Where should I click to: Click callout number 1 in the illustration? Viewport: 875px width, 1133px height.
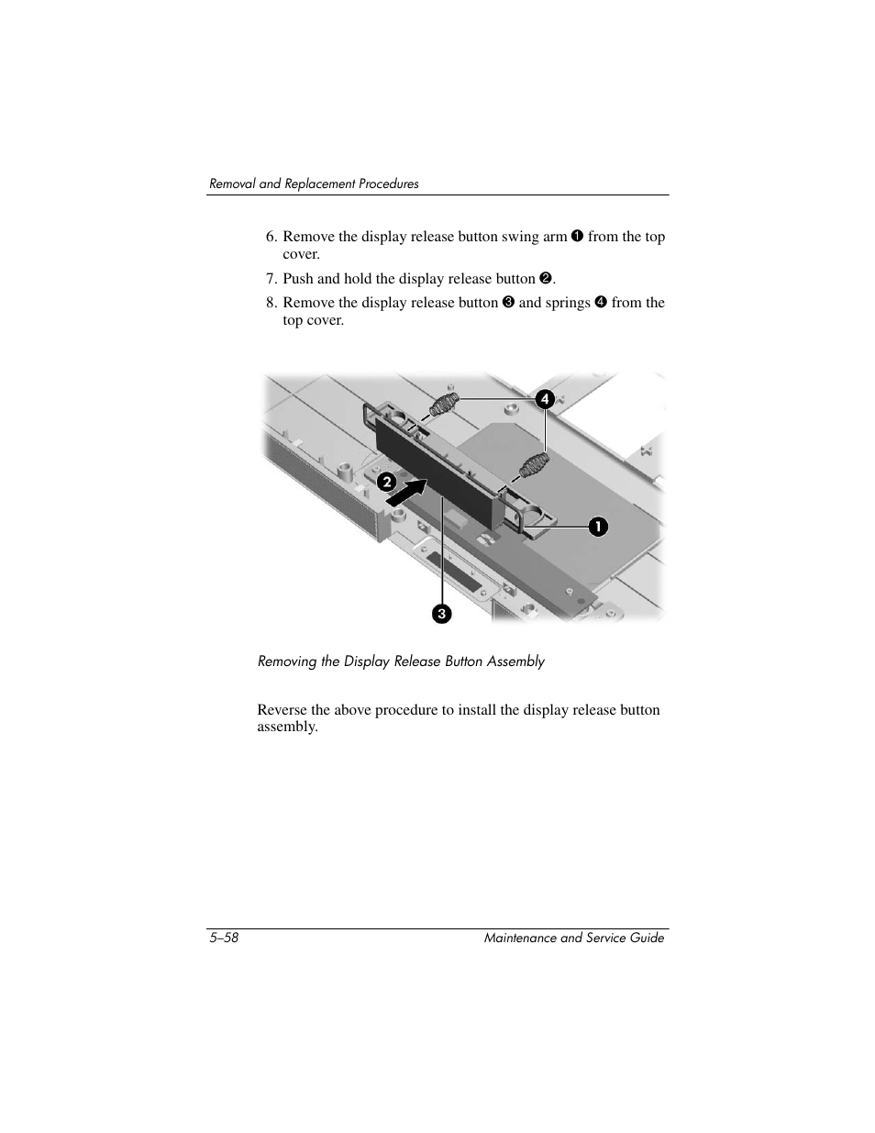[x=598, y=527]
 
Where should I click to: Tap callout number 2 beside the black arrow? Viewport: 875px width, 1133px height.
[x=387, y=481]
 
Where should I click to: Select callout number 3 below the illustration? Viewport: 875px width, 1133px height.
[x=442, y=613]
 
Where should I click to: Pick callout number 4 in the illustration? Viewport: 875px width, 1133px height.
[x=545, y=399]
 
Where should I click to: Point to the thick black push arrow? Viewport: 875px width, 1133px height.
[x=407, y=493]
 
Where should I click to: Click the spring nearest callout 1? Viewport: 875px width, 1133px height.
[x=533, y=464]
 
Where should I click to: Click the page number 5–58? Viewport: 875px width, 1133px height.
[x=224, y=938]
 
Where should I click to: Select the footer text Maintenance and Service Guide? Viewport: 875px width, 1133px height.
[x=573, y=938]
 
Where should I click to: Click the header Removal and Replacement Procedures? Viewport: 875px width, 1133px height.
[x=314, y=183]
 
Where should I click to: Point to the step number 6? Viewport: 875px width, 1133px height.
[x=271, y=237]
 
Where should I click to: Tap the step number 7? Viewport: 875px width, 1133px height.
[x=271, y=279]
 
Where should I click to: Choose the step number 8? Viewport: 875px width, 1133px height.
[x=271, y=303]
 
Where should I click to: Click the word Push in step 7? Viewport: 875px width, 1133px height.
[x=298, y=279]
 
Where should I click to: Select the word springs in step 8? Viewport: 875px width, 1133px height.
[x=567, y=303]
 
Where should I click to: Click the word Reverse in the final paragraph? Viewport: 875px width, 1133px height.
[x=282, y=710]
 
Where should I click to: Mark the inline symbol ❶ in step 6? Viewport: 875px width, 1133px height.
[x=577, y=237]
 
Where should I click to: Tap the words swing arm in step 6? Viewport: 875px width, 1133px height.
[x=534, y=237]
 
